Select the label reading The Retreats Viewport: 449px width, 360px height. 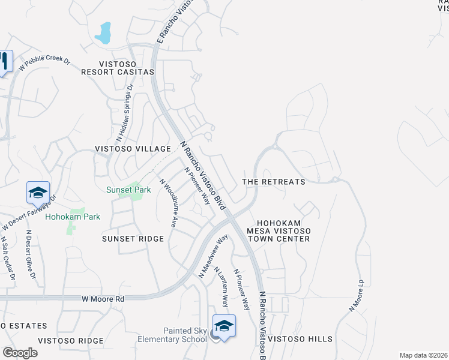273,181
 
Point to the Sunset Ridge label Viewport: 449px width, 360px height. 133,239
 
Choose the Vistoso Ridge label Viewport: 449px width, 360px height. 71,340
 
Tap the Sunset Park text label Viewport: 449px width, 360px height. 128,190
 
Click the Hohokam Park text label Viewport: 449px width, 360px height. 73,217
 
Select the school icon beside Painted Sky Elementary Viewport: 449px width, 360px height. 224,326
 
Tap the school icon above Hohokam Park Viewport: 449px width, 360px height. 38,193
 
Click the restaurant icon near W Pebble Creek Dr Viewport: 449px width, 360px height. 4,61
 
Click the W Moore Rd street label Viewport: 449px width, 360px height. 103,298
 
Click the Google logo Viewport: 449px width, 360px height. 20,353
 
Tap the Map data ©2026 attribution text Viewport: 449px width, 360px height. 423,355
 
